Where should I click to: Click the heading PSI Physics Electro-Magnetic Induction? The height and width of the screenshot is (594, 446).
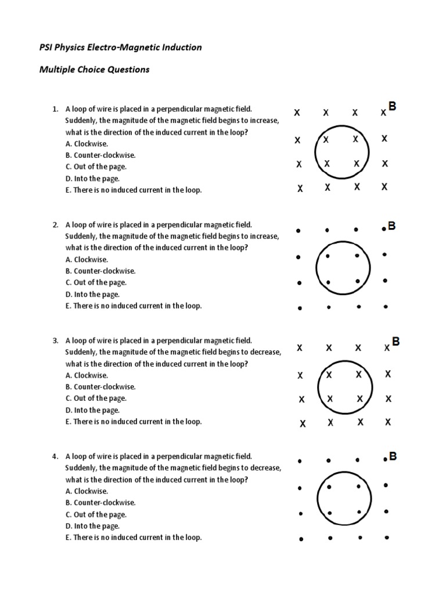pyautogui.click(x=120, y=48)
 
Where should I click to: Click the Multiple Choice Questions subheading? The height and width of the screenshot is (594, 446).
pyautogui.click(x=94, y=70)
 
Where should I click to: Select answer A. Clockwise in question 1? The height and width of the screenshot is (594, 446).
pyautogui.click(x=87, y=144)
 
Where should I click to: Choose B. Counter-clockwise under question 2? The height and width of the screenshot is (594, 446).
pyautogui.click(x=100, y=271)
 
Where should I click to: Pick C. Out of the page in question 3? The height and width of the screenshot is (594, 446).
pyautogui.click(x=96, y=399)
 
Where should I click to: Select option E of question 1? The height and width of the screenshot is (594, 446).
pyautogui.click(x=134, y=190)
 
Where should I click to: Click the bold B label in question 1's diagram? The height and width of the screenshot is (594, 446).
pyautogui.click(x=393, y=107)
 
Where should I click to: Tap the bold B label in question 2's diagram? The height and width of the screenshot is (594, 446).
pyautogui.click(x=392, y=226)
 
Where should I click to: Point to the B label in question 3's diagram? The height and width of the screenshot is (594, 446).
pyautogui.click(x=395, y=342)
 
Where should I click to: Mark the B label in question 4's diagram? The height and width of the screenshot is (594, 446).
pyautogui.click(x=393, y=457)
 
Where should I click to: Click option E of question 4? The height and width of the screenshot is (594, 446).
pyautogui.click(x=134, y=538)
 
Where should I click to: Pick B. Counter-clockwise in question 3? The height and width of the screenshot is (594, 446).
pyautogui.click(x=100, y=387)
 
